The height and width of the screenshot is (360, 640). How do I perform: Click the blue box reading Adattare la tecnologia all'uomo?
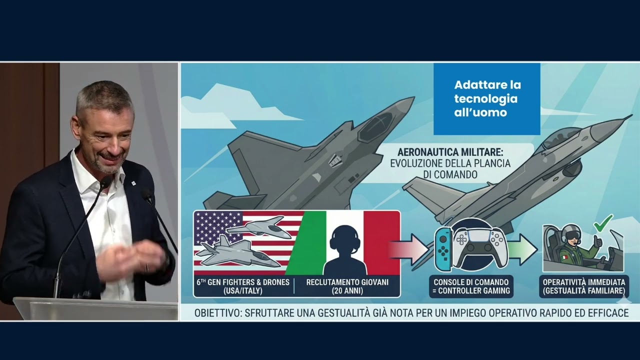[x=486, y=98]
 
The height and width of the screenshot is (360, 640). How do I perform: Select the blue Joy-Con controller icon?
[x=442, y=250]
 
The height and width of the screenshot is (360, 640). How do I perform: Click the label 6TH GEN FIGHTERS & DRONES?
[x=243, y=282]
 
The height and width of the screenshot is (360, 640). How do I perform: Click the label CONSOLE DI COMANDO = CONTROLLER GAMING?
[x=471, y=286]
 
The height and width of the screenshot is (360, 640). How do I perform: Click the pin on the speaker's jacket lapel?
[x=133, y=184]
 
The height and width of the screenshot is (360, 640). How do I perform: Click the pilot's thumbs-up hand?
[x=597, y=241]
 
